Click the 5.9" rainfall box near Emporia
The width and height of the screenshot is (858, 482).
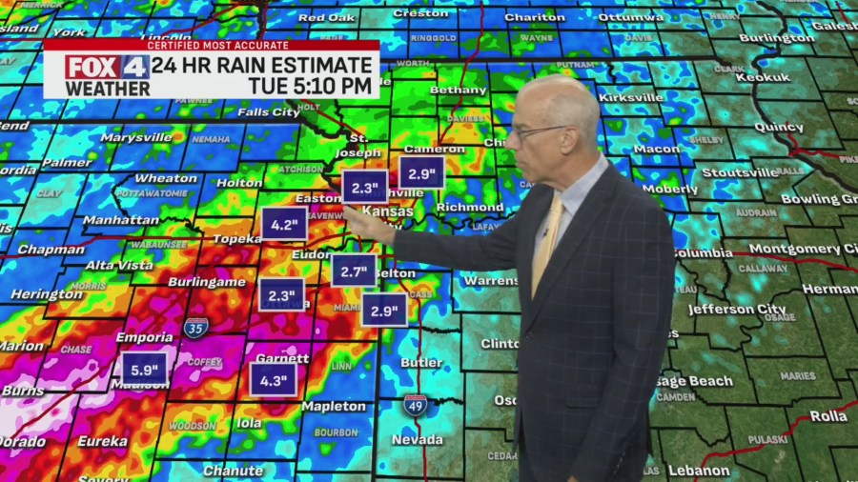[x=144, y=368]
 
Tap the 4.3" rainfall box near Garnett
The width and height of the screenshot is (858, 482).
[x=274, y=379]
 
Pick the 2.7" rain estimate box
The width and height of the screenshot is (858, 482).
[x=355, y=271]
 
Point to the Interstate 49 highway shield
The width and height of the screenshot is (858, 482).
[x=415, y=404]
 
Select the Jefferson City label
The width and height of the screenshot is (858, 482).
[x=737, y=309]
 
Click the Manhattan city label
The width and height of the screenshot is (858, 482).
[x=121, y=219]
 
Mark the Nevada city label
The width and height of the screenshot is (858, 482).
[x=417, y=439]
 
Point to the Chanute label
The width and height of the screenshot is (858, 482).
[x=233, y=471]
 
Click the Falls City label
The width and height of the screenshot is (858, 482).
[x=268, y=111]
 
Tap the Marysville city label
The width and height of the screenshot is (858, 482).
[x=136, y=137]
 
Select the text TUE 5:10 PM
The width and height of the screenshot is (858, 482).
[x=310, y=86]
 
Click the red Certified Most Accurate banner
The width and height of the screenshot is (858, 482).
[x=211, y=45]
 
